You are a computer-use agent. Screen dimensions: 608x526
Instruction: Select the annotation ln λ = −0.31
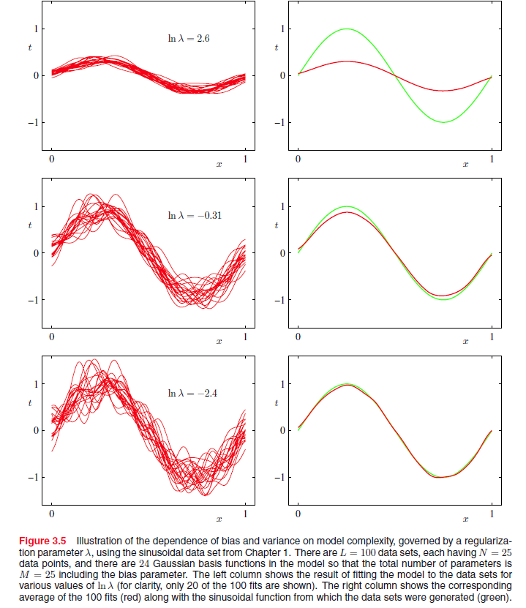point(194,216)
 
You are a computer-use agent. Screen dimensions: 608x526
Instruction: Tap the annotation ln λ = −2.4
point(192,394)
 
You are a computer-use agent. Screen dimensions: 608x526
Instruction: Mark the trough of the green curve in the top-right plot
point(443,121)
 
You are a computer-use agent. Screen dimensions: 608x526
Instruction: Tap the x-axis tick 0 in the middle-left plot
point(51,337)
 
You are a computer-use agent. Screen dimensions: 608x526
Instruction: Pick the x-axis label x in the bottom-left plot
point(219,519)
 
